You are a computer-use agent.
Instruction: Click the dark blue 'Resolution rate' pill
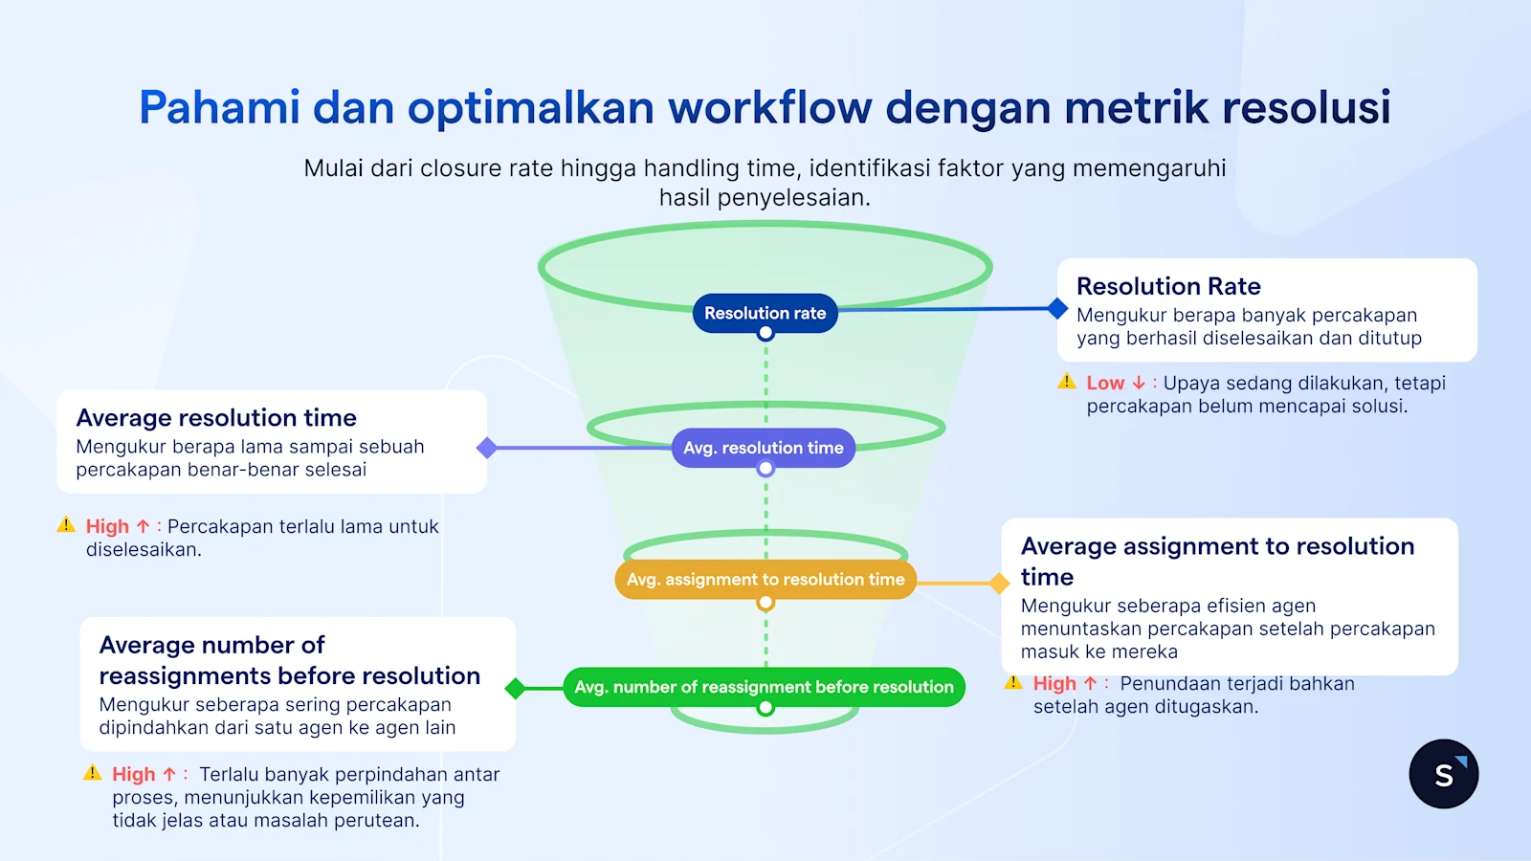point(765,313)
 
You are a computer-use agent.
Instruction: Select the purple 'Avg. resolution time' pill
point(763,448)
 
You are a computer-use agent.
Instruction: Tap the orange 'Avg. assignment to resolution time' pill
point(765,580)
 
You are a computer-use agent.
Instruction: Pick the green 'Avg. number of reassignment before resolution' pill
point(764,687)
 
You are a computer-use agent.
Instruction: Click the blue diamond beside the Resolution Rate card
point(1057,308)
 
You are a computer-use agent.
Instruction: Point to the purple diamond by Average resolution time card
point(487,448)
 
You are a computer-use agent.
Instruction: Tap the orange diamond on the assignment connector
point(999,583)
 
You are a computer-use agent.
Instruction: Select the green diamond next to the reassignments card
point(515,688)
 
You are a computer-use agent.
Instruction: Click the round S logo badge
point(1443,774)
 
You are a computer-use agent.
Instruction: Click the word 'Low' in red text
point(1105,383)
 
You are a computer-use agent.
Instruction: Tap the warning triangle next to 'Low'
point(1067,382)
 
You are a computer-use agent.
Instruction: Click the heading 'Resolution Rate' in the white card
point(1167,286)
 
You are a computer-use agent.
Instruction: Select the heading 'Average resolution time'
point(216,418)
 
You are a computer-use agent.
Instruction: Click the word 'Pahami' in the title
point(219,107)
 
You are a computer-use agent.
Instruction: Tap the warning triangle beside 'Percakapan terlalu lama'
point(66,524)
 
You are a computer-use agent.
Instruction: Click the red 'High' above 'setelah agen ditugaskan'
point(1054,683)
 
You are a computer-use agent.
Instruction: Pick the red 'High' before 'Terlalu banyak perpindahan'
point(133,774)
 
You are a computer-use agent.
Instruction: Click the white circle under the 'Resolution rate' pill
point(765,334)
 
